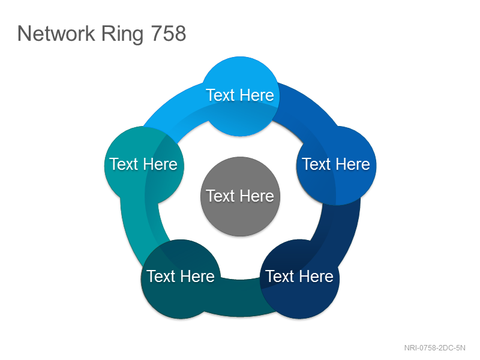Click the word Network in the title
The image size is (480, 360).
pyautogui.click(x=56, y=33)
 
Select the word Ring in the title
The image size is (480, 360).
pyautogui.click(x=122, y=35)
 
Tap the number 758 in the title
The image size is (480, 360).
pyautogui.click(x=169, y=33)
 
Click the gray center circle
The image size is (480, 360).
pyautogui.click(x=241, y=197)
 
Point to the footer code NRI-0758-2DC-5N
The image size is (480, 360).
pyautogui.click(x=434, y=348)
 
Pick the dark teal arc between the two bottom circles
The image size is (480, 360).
pyautogui.click(x=241, y=298)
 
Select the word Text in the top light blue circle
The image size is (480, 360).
pyautogui.click(x=220, y=95)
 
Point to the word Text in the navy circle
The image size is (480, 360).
pyautogui.click(x=280, y=276)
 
